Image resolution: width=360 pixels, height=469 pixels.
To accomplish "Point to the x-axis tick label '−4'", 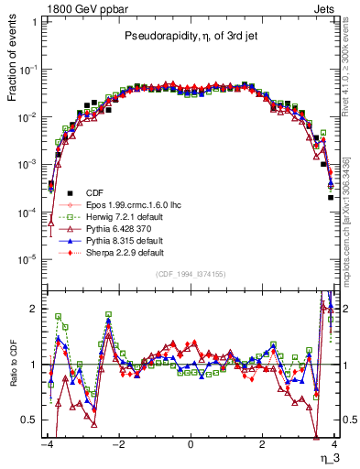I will click(x=48, y=444).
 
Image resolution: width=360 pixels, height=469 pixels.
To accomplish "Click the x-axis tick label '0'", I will click(x=190, y=444).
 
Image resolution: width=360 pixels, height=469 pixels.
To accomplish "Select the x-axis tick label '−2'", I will click(x=118, y=444).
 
